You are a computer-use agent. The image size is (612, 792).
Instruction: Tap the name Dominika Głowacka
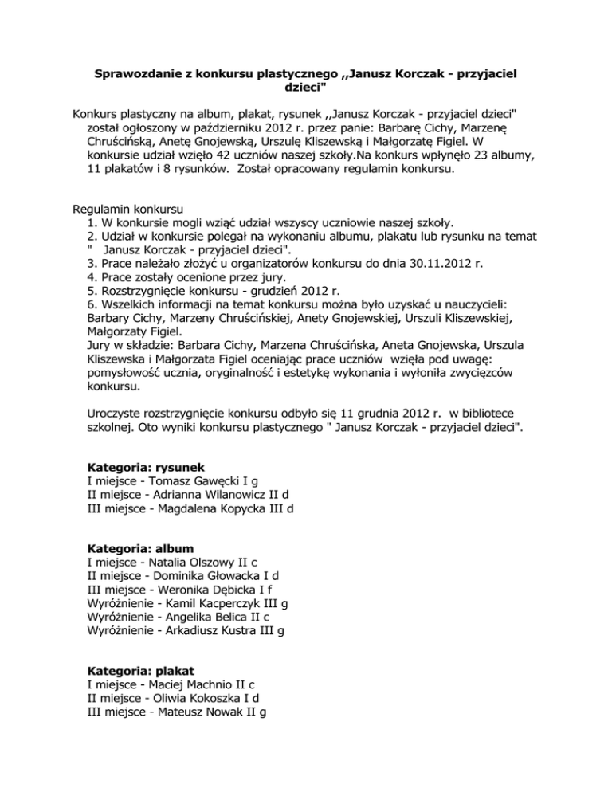point(214,581)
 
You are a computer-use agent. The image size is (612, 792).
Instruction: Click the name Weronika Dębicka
point(218,596)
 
